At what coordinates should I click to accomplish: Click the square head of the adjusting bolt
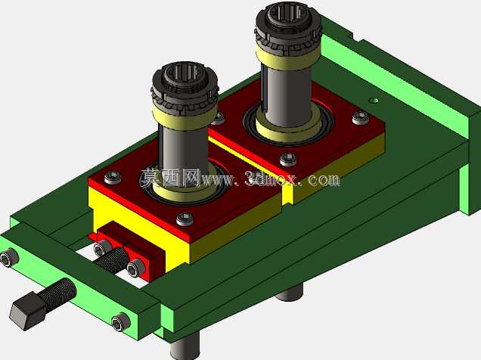[x=28, y=310]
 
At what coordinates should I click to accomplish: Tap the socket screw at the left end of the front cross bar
[x=8, y=259]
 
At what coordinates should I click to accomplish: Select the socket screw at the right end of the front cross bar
[x=120, y=322]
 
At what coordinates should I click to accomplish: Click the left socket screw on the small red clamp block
[x=101, y=248]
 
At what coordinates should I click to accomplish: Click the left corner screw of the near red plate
[x=113, y=178]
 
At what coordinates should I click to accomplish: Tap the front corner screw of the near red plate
[x=185, y=219]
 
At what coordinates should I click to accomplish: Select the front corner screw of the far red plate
[x=288, y=160]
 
